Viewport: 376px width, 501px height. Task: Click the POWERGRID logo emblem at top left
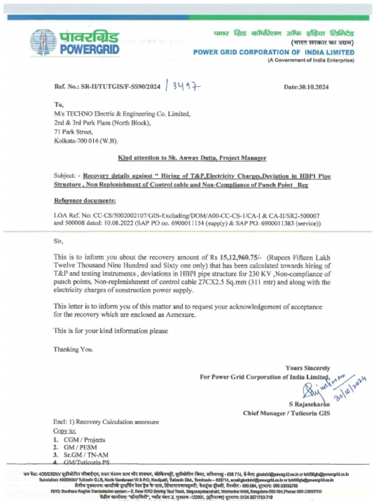pos(44,42)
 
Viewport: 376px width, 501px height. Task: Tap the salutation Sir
pos(58,240)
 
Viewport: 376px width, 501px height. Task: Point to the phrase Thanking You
pos(73,349)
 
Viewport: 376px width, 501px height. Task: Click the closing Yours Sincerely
pos(308,368)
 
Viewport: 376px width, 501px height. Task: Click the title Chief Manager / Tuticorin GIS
pos(286,413)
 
